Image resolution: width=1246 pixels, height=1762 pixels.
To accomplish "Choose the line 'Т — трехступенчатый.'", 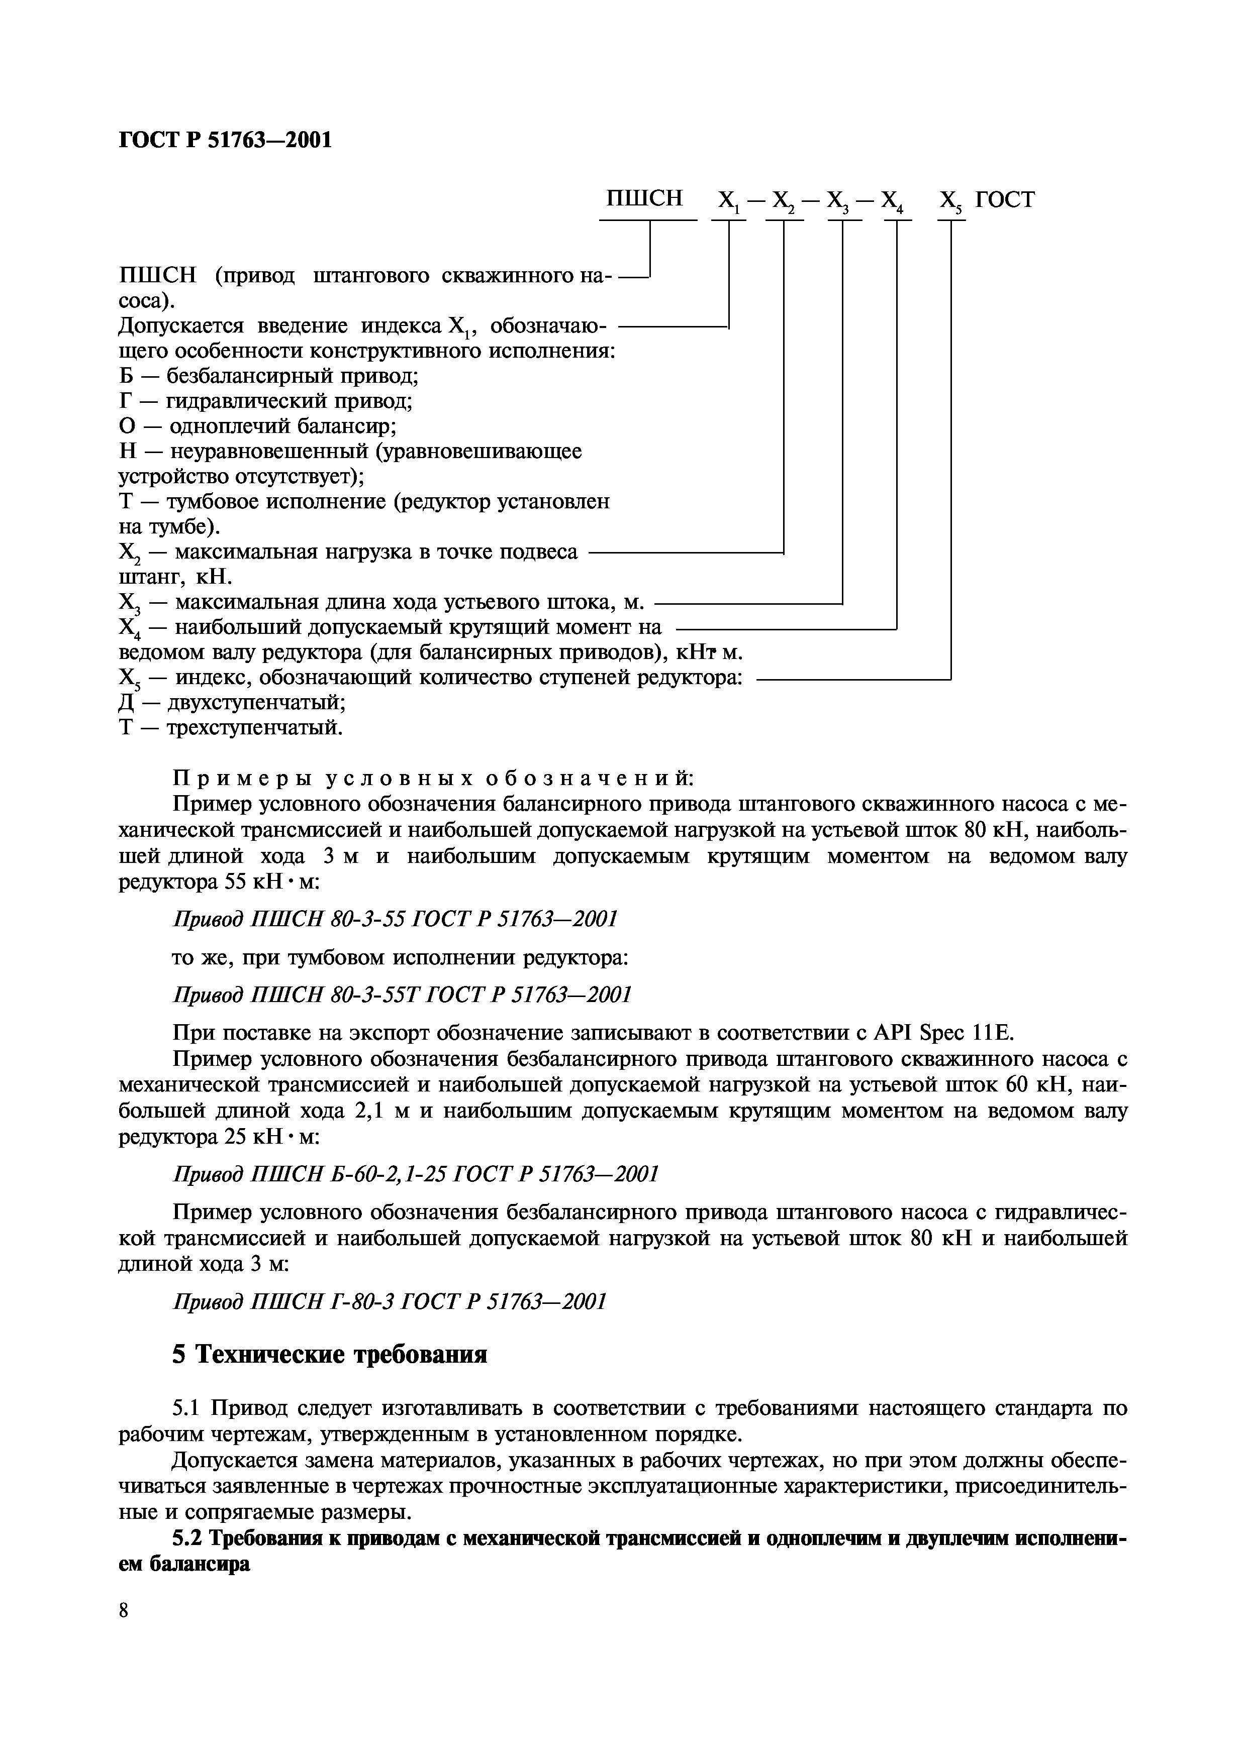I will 230,727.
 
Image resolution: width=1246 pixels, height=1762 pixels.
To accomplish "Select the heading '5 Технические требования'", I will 329,1355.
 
